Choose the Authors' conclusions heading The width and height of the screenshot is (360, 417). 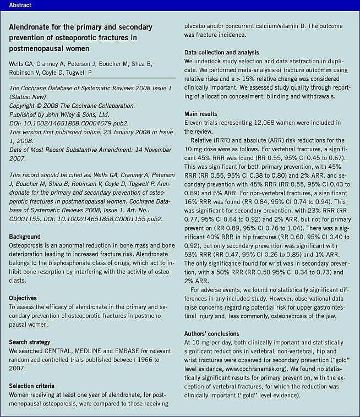click(212, 333)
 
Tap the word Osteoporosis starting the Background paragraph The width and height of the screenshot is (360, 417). click(28, 245)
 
